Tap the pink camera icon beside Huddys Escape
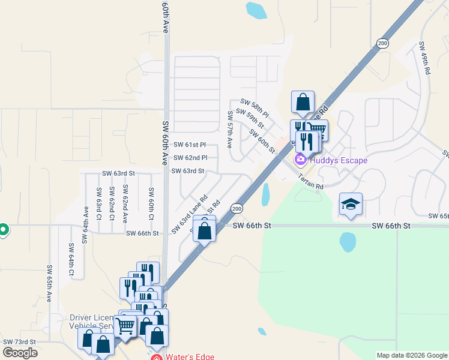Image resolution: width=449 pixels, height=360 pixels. pos(300,160)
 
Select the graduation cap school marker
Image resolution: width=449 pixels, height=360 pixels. pos(351,204)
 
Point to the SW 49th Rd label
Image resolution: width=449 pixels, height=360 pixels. pos(425,58)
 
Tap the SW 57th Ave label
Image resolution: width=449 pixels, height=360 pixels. pos(229,129)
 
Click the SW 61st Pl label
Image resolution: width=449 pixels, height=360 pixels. pos(190,145)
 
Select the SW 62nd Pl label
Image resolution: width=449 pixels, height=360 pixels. pos(190,158)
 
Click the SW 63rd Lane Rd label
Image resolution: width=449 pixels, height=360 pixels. pos(189,214)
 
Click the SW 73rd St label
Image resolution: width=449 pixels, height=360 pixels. pos(20,341)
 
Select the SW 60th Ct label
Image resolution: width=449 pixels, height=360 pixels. pos(151,203)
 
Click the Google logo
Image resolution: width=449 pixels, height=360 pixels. pos(20,352)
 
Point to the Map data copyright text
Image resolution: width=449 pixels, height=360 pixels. pos(411,355)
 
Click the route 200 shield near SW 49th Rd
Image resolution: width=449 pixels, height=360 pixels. pos(382,43)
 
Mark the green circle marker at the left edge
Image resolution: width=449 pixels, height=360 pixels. pos(2,229)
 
